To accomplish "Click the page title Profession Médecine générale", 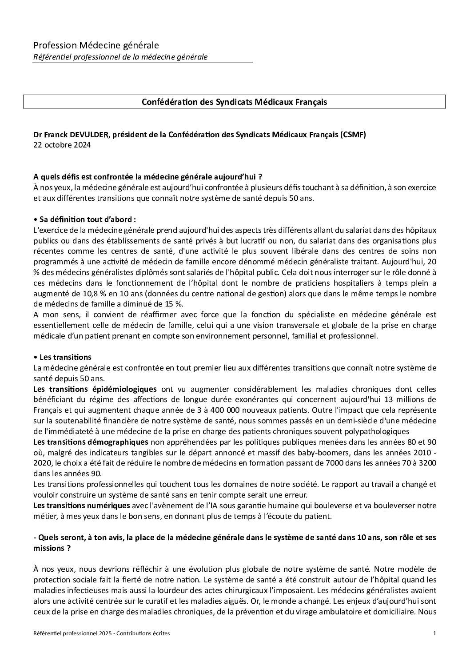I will (96, 45).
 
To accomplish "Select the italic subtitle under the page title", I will (120, 57).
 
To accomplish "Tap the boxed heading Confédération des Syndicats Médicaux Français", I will (234, 102).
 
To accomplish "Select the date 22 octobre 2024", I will (62, 145).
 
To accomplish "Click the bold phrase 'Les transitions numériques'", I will (82, 505).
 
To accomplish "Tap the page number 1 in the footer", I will (434, 645).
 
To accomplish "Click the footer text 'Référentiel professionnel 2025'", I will (73, 645).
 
